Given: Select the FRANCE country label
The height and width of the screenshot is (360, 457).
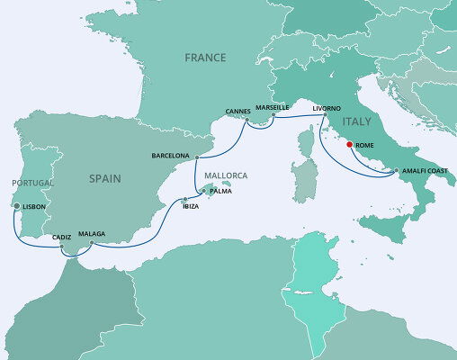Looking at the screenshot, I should click(x=204, y=57).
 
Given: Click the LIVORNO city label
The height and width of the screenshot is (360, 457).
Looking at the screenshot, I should click(x=327, y=108).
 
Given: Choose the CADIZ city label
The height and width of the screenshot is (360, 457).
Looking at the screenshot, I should click(x=62, y=237).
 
